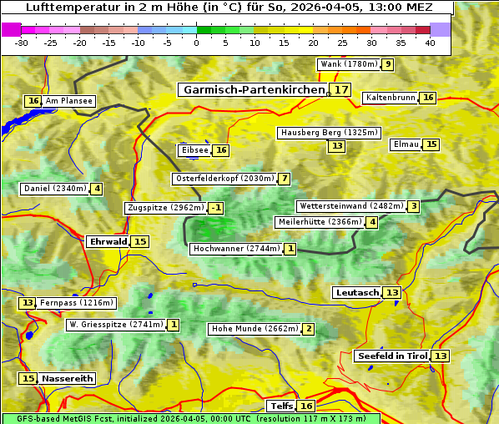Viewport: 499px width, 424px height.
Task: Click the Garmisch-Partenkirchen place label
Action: (x=253, y=89)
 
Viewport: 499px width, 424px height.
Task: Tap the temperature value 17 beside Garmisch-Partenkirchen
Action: (x=340, y=89)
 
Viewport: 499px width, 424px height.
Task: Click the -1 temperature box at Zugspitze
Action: (x=215, y=208)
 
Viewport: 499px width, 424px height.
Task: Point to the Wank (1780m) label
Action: (x=349, y=64)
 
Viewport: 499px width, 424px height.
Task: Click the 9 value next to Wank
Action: (x=387, y=64)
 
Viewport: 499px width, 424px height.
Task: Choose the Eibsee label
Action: (x=194, y=150)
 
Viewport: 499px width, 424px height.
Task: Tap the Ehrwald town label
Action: (x=108, y=241)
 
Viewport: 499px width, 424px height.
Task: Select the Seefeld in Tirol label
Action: (x=392, y=356)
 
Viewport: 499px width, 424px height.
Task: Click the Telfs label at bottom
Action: (x=281, y=406)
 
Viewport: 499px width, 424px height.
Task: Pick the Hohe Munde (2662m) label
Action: (x=255, y=329)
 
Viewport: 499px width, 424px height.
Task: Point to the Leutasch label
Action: (x=357, y=292)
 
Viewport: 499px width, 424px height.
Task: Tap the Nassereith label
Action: (x=67, y=378)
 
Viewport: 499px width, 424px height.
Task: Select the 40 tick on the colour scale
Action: (x=430, y=42)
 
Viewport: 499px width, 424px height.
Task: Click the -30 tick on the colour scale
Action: (x=22, y=42)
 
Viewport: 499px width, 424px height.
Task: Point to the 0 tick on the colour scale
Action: (x=197, y=42)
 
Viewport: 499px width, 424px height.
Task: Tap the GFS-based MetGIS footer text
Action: (x=190, y=418)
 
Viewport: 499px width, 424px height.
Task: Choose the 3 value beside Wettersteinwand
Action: (x=413, y=206)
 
